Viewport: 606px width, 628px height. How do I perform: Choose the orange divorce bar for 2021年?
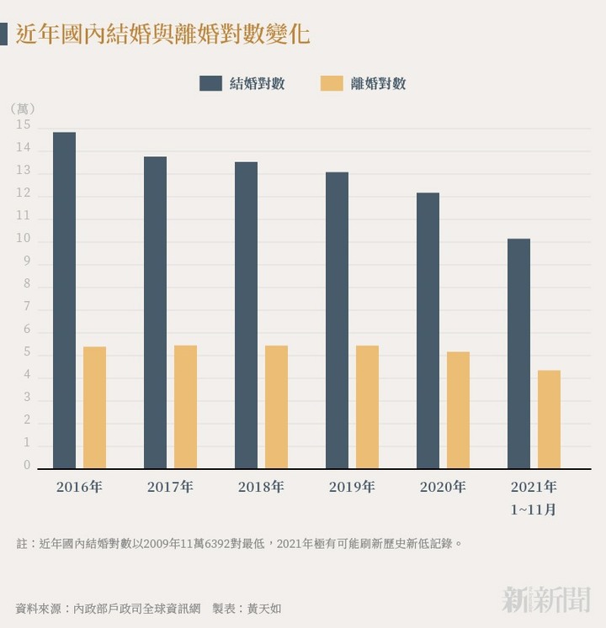coord(549,420)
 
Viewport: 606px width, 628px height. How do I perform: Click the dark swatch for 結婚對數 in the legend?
coord(210,83)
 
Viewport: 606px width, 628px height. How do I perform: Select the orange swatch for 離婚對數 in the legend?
coord(332,83)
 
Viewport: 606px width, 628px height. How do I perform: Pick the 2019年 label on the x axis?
coord(352,487)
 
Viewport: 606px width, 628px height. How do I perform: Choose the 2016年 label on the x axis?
coord(79,487)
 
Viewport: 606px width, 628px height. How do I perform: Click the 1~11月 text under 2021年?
coord(534,509)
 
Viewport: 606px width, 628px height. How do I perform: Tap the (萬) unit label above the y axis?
coord(24,108)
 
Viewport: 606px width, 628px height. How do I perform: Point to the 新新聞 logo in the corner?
coord(546,599)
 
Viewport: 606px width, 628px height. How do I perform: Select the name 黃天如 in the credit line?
coord(264,608)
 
